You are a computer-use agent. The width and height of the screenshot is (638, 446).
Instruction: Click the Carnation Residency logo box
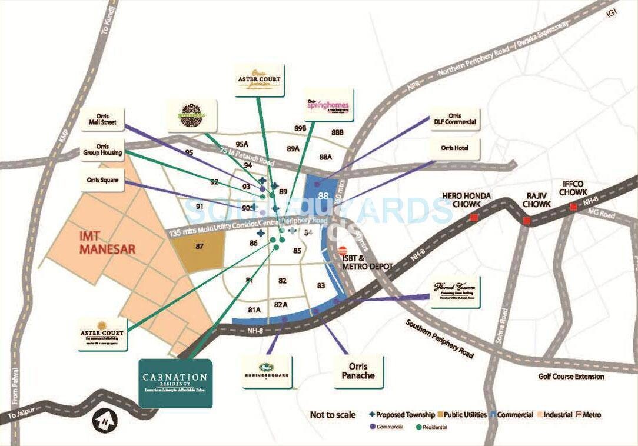[175, 382]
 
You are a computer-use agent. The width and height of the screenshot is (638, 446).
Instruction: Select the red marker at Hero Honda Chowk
[473, 218]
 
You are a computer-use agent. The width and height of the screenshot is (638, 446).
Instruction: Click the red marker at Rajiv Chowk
[526, 221]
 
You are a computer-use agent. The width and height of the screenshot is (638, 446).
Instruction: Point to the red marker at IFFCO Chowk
[573, 207]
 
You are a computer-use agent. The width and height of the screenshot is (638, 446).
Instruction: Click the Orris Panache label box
[358, 371]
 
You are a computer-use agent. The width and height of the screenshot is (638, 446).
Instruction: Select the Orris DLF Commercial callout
[454, 119]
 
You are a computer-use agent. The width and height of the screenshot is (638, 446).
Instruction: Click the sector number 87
[200, 247]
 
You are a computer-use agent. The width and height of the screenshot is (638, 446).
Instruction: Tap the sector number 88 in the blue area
[323, 196]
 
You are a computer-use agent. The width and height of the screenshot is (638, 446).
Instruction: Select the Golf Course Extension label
[570, 377]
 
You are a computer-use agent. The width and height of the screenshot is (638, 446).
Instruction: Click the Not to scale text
[333, 415]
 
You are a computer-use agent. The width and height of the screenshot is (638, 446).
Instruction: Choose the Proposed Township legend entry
[401, 415]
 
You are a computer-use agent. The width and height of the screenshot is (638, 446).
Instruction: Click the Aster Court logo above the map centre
[259, 80]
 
